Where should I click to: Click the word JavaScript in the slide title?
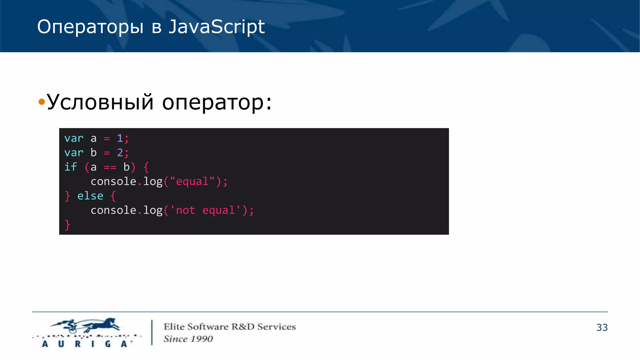(x=217, y=27)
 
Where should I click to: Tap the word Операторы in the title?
(x=90, y=27)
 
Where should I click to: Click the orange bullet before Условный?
(x=42, y=102)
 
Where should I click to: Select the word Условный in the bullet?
(x=100, y=102)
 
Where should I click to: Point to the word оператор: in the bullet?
(x=217, y=102)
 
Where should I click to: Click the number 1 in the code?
(x=120, y=138)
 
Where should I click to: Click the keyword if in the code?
(x=71, y=167)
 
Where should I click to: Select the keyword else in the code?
(x=90, y=196)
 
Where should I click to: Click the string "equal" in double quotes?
(x=192, y=182)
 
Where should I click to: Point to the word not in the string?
(x=186, y=210)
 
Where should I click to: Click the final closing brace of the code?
(x=67, y=225)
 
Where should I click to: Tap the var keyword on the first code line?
(x=74, y=138)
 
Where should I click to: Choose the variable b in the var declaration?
(x=94, y=152)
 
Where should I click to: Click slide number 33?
(x=602, y=327)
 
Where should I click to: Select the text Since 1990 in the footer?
(x=188, y=339)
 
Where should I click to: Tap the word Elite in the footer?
(x=174, y=327)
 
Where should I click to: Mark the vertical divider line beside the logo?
(x=152, y=332)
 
